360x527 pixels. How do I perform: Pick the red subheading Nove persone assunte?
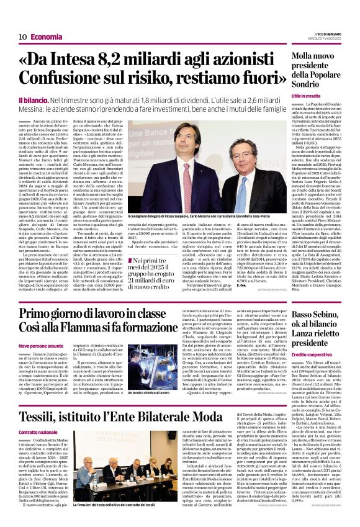click(x=41, y=345)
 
